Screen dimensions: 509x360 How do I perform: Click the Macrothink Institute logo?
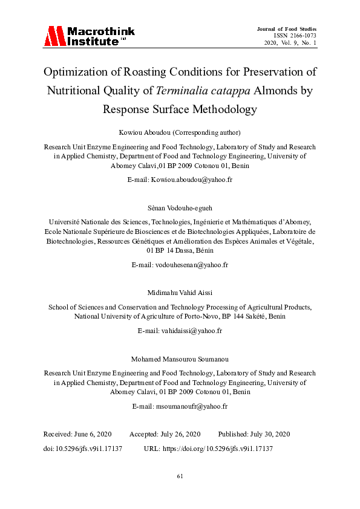click(x=88, y=36)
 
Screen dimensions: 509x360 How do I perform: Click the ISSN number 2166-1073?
click(x=300, y=36)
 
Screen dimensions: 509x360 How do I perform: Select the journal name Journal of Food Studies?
click(x=286, y=29)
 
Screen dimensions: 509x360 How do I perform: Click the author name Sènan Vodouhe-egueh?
click(x=180, y=207)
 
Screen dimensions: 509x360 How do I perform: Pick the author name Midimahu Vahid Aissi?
click(x=180, y=292)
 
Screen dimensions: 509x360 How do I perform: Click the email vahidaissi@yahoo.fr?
click(x=191, y=331)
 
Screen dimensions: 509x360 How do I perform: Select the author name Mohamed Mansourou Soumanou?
click(x=180, y=358)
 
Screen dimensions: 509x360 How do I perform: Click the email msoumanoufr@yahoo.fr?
click(x=191, y=406)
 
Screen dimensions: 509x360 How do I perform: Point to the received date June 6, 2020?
click(x=91, y=434)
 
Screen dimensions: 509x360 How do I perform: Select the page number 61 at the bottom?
click(x=180, y=476)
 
